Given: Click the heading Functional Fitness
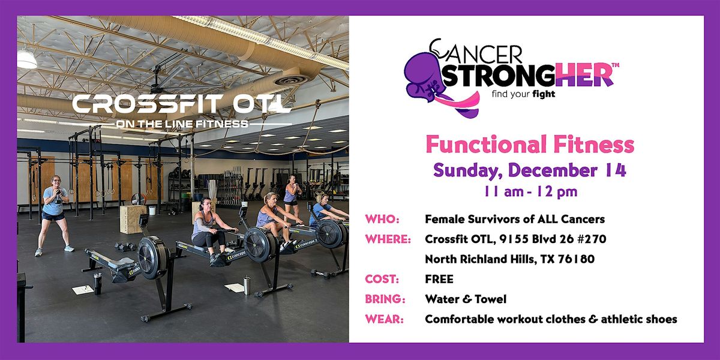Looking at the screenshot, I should pyautogui.click(x=530, y=145).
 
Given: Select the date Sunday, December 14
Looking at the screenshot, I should pyautogui.click(x=530, y=170).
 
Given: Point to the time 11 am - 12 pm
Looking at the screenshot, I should pyautogui.click(x=530, y=192).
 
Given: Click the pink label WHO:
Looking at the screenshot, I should pyautogui.click(x=382, y=220).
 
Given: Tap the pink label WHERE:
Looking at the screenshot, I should pyautogui.click(x=388, y=239).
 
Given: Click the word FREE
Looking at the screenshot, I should pyautogui.click(x=439, y=279).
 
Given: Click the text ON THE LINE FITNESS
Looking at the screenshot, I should pyautogui.click(x=182, y=125).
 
